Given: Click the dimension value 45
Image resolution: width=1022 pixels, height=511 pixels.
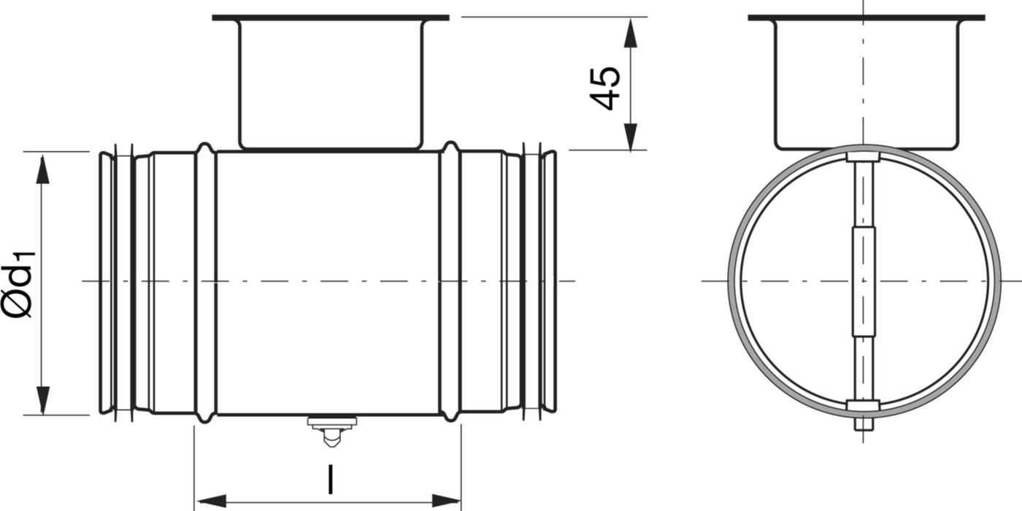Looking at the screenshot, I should (x=606, y=88).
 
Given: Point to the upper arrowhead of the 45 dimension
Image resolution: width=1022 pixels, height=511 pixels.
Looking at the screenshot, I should (x=631, y=33).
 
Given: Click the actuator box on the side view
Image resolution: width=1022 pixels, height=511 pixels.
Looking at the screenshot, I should (x=331, y=84).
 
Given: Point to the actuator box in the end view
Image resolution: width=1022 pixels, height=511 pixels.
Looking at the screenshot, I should (x=865, y=84).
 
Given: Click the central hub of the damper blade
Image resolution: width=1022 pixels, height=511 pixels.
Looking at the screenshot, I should (x=864, y=281).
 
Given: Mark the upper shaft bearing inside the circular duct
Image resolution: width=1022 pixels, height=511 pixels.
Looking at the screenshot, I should (x=864, y=157).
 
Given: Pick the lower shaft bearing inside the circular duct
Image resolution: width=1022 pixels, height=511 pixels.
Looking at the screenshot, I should (x=864, y=405).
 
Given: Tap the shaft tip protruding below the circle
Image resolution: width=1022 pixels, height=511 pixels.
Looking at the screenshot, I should (x=864, y=424).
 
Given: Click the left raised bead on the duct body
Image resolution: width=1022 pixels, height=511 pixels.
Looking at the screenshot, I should (x=205, y=283).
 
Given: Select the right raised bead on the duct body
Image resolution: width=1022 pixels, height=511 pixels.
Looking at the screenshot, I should (x=450, y=283).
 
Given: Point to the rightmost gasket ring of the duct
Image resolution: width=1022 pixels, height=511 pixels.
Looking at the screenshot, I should (x=549, y=283).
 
